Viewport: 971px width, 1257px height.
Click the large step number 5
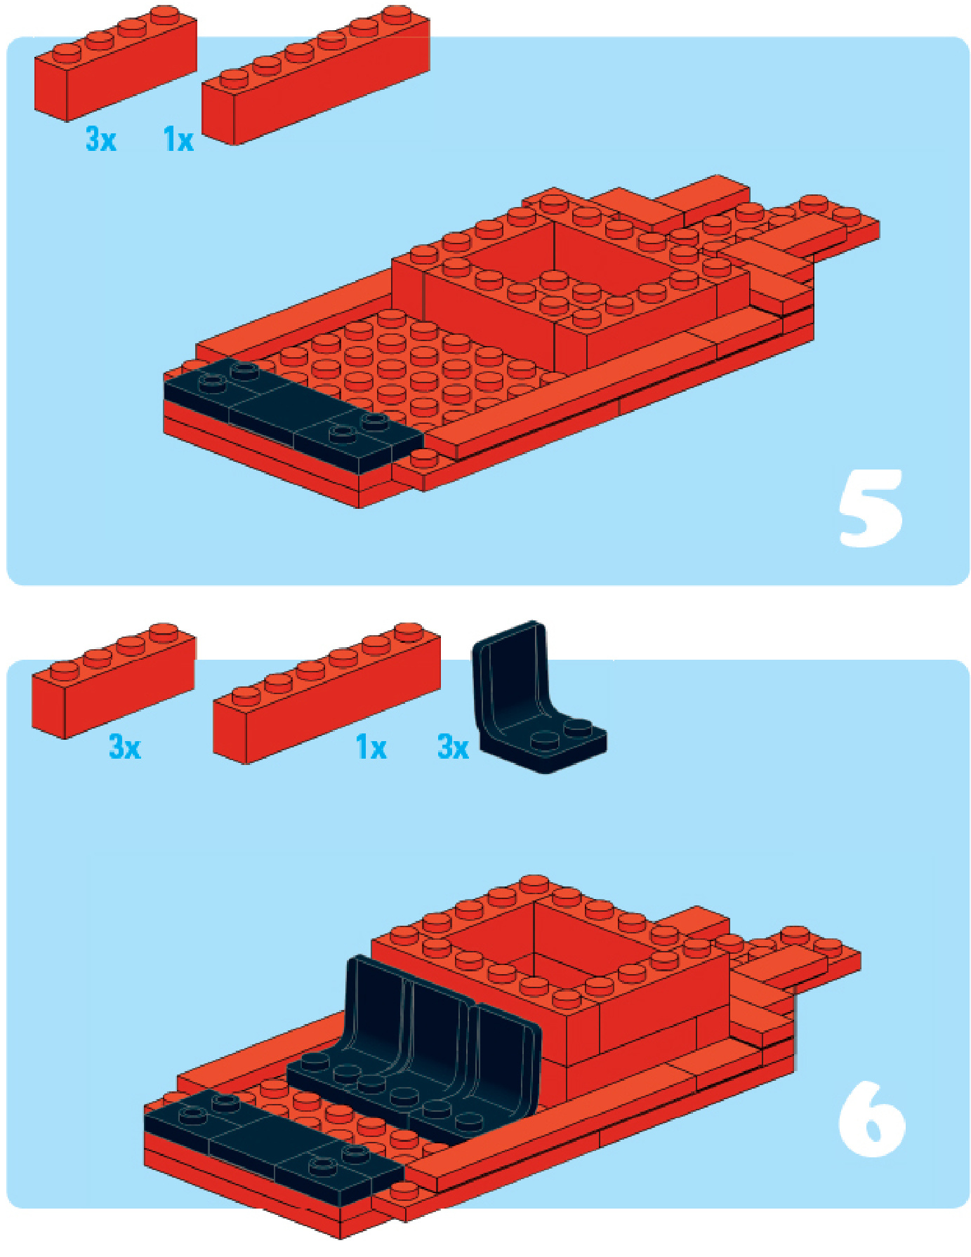click(x=870, y=508)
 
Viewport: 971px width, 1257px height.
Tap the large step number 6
click(x=871, y=1119)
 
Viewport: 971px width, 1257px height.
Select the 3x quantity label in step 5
click(x=100, y=139)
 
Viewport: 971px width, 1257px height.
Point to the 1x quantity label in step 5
click(x=178, y=139)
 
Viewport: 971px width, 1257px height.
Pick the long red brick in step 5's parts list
click(x=316, y=75)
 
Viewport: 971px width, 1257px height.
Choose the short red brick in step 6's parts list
click(x=113, y=680)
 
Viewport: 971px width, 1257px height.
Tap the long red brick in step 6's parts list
click(x=326, y=693)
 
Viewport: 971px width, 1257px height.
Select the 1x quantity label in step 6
click(x=371, y=747)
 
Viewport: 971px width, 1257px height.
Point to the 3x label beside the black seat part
click(x=453, y=747)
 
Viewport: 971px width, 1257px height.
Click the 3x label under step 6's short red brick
click(x=124, y=747)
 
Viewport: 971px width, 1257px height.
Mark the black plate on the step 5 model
click(x=293, y=414)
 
